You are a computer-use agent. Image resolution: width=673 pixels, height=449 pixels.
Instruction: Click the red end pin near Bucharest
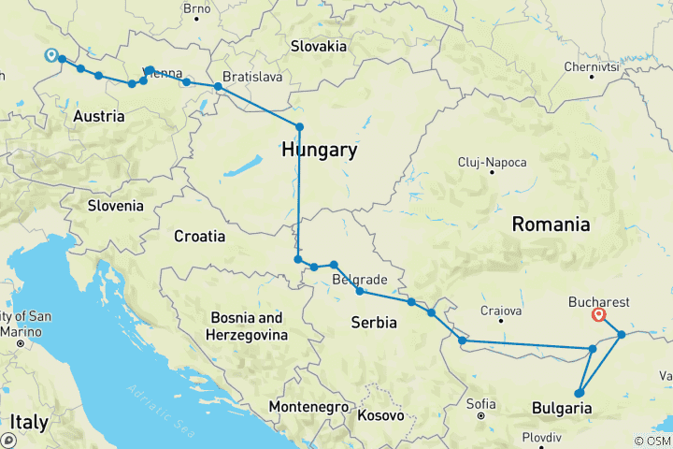598,315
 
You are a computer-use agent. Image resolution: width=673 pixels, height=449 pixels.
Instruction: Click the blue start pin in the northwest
51,55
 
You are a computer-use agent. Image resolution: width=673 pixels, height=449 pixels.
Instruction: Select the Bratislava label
252,76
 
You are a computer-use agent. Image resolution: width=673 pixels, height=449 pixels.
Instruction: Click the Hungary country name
320,150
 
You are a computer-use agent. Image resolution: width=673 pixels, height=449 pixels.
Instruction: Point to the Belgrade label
360,280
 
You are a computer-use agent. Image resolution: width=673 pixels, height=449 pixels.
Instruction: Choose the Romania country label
551,224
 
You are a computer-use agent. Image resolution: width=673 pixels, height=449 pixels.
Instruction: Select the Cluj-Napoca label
492,162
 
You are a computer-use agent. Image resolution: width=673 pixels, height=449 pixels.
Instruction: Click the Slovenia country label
115,206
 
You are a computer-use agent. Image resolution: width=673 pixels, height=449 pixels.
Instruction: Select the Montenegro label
310,408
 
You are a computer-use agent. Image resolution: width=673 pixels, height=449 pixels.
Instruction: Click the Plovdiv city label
542,437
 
